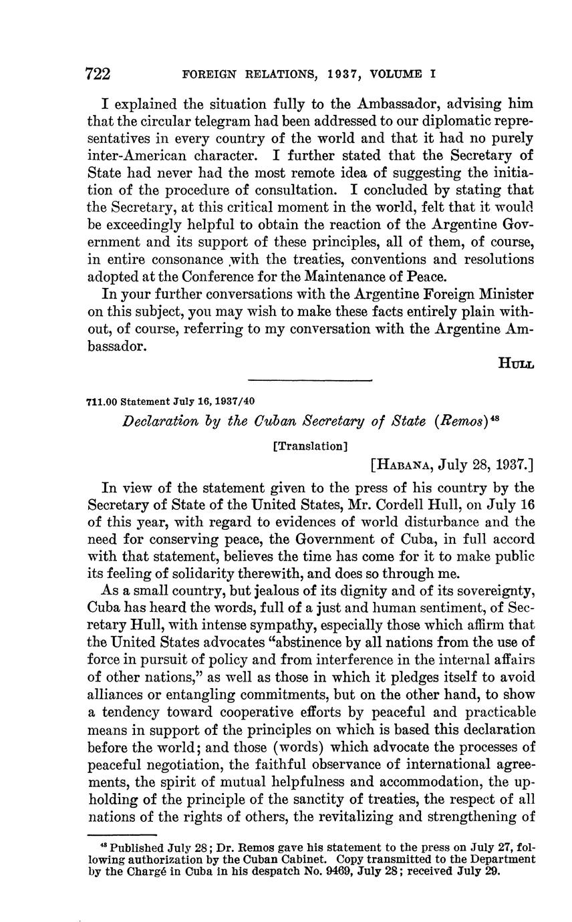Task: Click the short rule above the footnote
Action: click(122, 834)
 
